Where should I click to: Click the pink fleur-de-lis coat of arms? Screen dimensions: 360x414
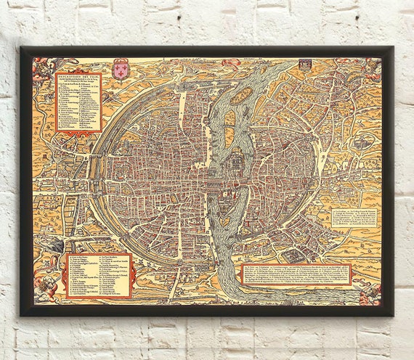[x=120, y=70]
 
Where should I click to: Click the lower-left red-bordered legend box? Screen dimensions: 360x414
[x=99, y=274]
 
